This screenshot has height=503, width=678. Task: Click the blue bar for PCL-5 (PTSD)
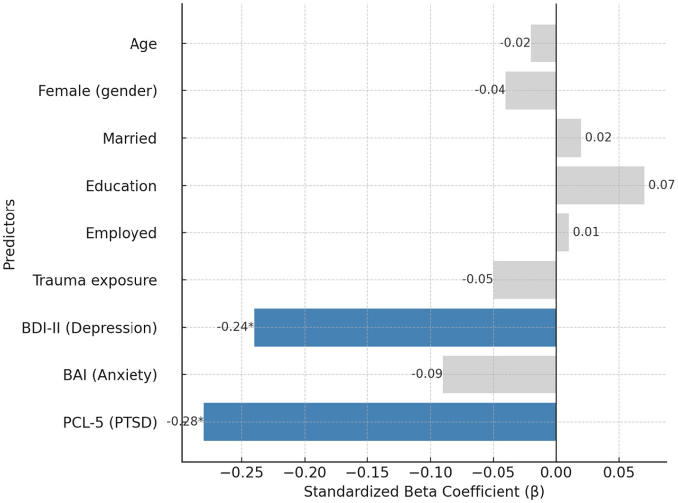point(380,422)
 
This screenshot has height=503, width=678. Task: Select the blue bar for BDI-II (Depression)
point(405,327)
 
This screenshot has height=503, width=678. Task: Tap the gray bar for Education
point(600,185)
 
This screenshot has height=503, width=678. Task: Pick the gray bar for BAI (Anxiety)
point(499,374)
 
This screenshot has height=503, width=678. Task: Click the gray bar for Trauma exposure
point(524,280)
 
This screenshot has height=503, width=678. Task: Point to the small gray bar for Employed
point(562,233)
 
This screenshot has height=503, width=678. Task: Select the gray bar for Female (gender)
point(530,90)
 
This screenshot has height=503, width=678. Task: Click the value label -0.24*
point(235,326)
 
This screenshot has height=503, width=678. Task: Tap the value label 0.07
point(661,185)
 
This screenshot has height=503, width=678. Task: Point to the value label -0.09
point(427,374)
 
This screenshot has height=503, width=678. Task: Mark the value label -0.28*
point(185,421)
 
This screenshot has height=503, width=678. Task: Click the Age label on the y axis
point(143,44)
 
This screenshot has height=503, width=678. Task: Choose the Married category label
point(130,139)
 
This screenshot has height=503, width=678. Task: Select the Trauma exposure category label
point(95,280)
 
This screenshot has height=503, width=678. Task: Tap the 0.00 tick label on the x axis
point(556,473)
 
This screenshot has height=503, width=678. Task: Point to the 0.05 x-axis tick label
point(619,473)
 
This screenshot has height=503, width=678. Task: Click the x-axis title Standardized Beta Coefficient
point(424,492)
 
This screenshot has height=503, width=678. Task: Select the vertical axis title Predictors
point(9,234)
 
